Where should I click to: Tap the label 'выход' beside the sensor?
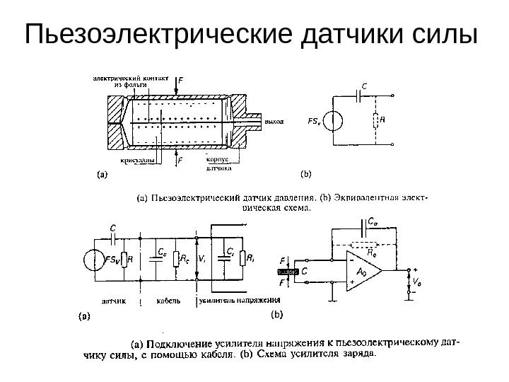(x=275, y=121)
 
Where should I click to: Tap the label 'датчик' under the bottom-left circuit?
(x=112, y=300)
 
